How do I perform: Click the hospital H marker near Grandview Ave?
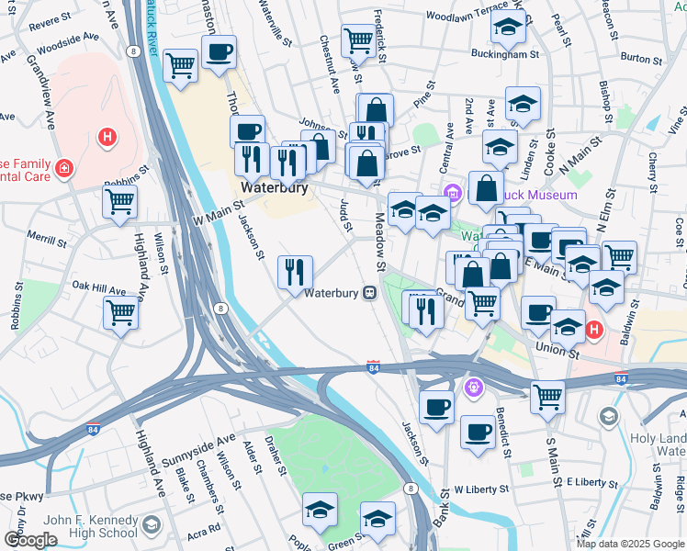pos(107,139)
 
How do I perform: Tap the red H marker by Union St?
pos(593,329)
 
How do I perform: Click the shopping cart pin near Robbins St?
pos(119,201)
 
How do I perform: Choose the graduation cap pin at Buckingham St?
pos(506,28)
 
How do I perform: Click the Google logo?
pos(30,540)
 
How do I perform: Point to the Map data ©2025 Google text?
pos(629,544)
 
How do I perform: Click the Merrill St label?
pos(48,240)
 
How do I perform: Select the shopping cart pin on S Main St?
pos(547,397)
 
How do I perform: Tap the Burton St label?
pos(641,57)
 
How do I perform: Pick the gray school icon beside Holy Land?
pos(608,418)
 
